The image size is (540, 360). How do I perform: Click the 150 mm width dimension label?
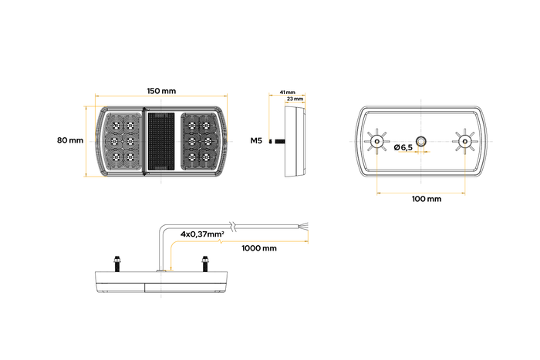(161, 92)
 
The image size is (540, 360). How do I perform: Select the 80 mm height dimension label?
(69, 140)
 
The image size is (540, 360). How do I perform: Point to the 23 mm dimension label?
(294, 99)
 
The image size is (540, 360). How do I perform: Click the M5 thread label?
(257, 141)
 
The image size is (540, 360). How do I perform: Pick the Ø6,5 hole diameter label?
(402, 146)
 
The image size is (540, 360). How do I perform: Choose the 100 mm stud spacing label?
(426, 199)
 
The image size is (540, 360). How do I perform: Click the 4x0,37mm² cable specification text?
(202, 233)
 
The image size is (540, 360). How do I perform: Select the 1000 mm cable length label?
(258, 248)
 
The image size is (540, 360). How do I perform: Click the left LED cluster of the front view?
(124, 140)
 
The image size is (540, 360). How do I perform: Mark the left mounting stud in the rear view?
(377, 141)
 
